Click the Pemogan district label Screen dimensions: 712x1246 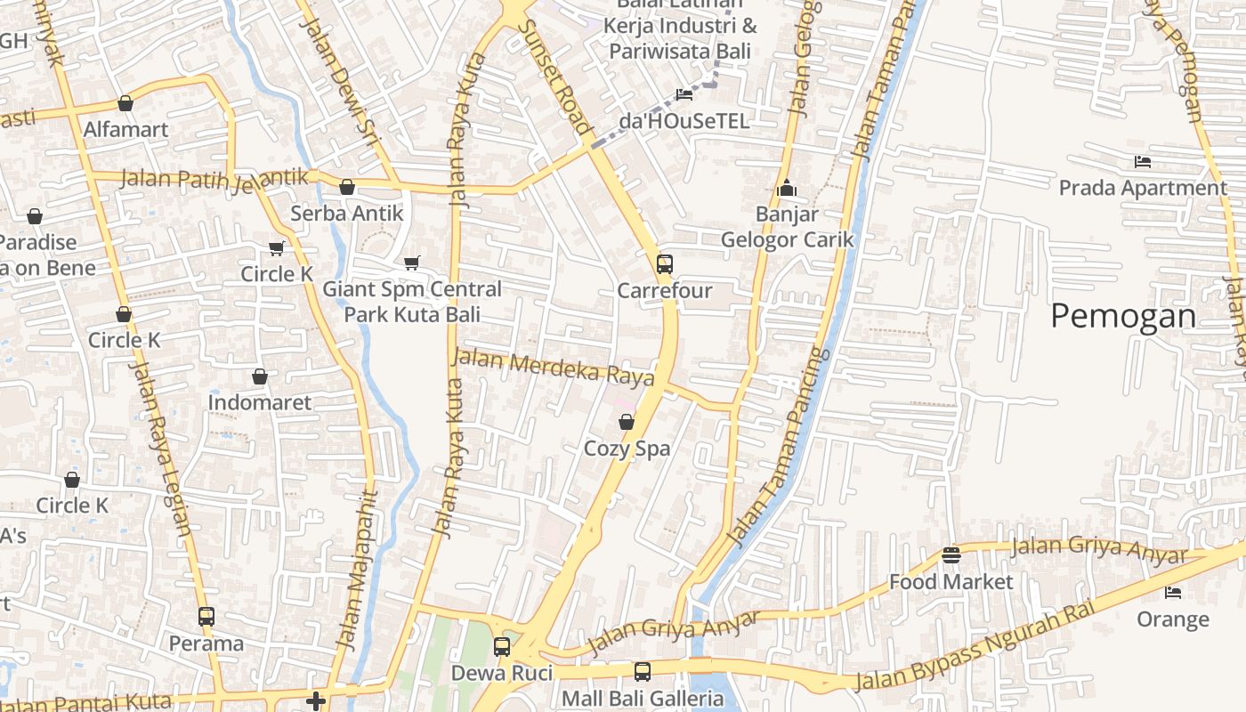coord(1123,317)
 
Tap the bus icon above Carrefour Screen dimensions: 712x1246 coord(665,263)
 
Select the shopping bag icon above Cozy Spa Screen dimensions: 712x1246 coord(627,422)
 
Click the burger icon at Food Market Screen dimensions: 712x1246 coord(951,555)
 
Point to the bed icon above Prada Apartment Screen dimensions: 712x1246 coord(1143,161)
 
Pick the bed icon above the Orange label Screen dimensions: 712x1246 coord(1173,592)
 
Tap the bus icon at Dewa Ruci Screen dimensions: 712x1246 coord(502,646)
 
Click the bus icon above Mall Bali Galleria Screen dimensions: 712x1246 coord(642,671)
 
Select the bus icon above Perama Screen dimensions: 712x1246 coord(206,616)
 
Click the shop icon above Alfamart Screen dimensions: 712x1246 coord(125,103)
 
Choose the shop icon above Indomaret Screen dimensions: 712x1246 coord(260,376)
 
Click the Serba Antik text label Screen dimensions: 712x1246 coord(347,214)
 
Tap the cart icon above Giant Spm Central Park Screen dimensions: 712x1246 coord(411,263)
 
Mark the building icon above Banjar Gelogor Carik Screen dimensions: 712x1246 coord(786,188)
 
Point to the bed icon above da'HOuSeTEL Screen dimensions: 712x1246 coord(684,94)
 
